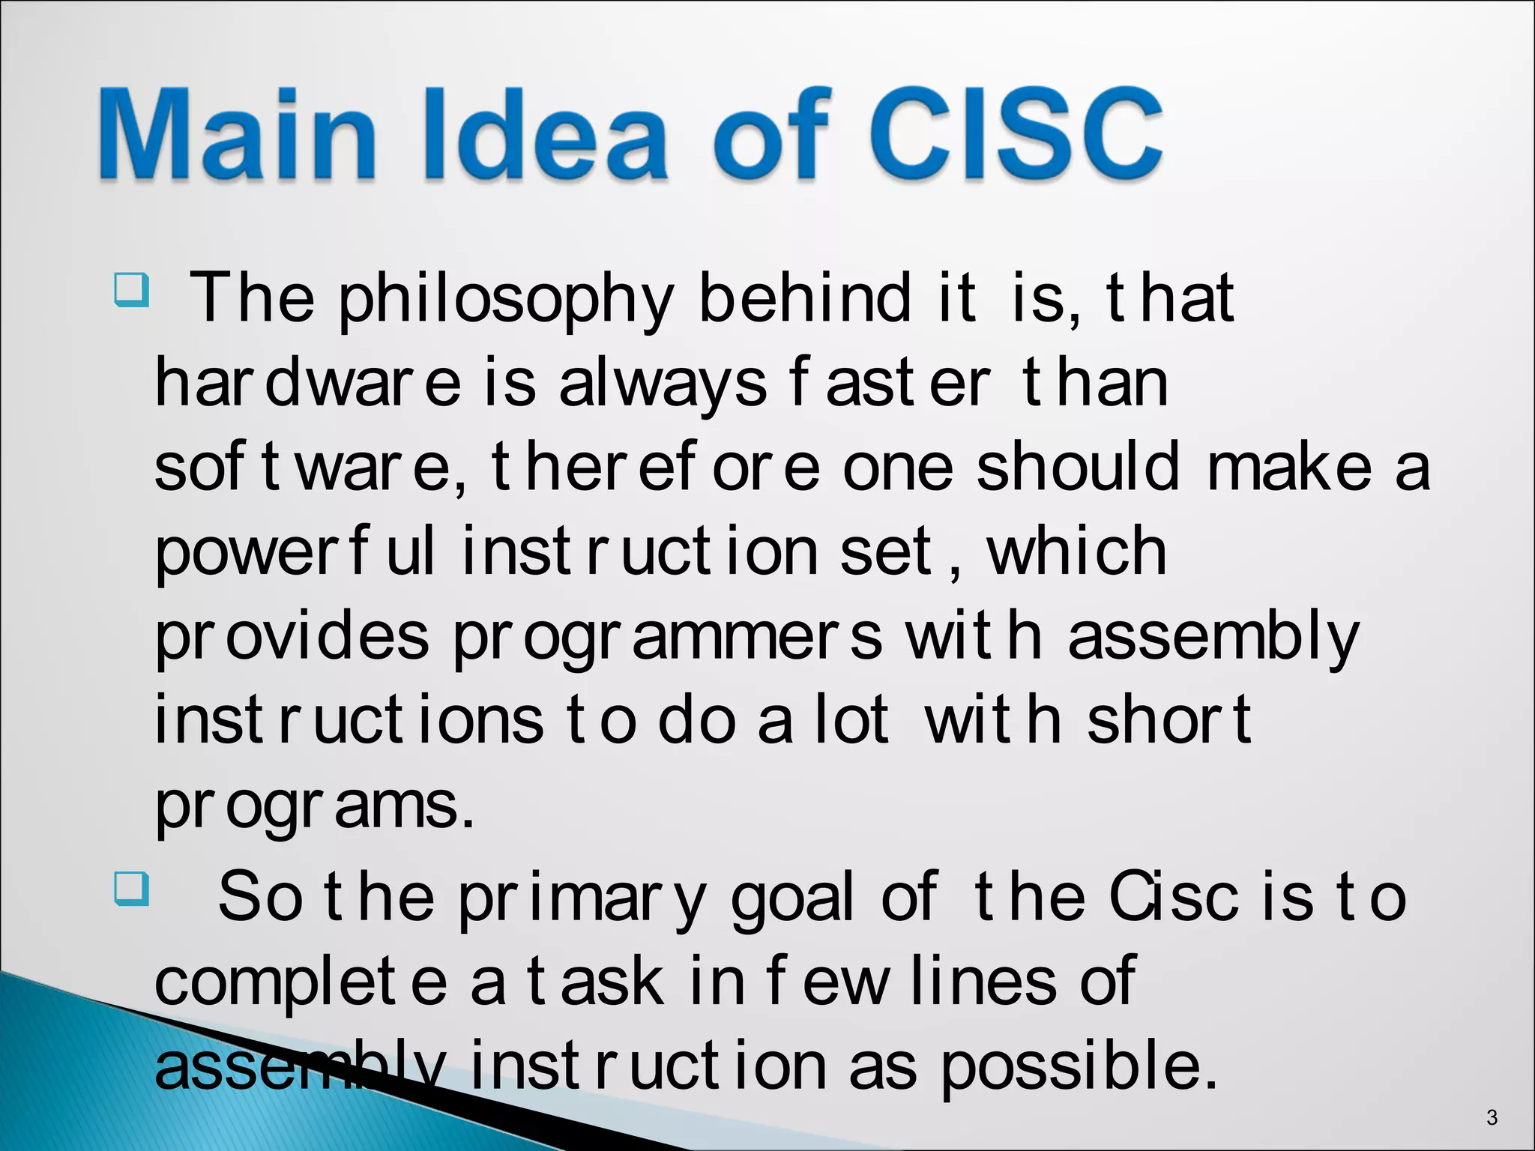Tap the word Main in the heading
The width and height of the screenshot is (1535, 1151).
(x=236, y=135)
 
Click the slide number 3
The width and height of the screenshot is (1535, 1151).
(x=1492, y=1117)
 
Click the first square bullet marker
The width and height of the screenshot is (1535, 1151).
(x=132, y=290)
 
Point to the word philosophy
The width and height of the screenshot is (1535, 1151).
(x=506, y=300)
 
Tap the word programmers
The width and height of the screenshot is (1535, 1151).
(x=667, y=637)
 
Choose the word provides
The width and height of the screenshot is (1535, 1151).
(x=292, y=637)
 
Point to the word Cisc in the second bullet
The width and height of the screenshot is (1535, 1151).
(x=1173, y=897)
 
